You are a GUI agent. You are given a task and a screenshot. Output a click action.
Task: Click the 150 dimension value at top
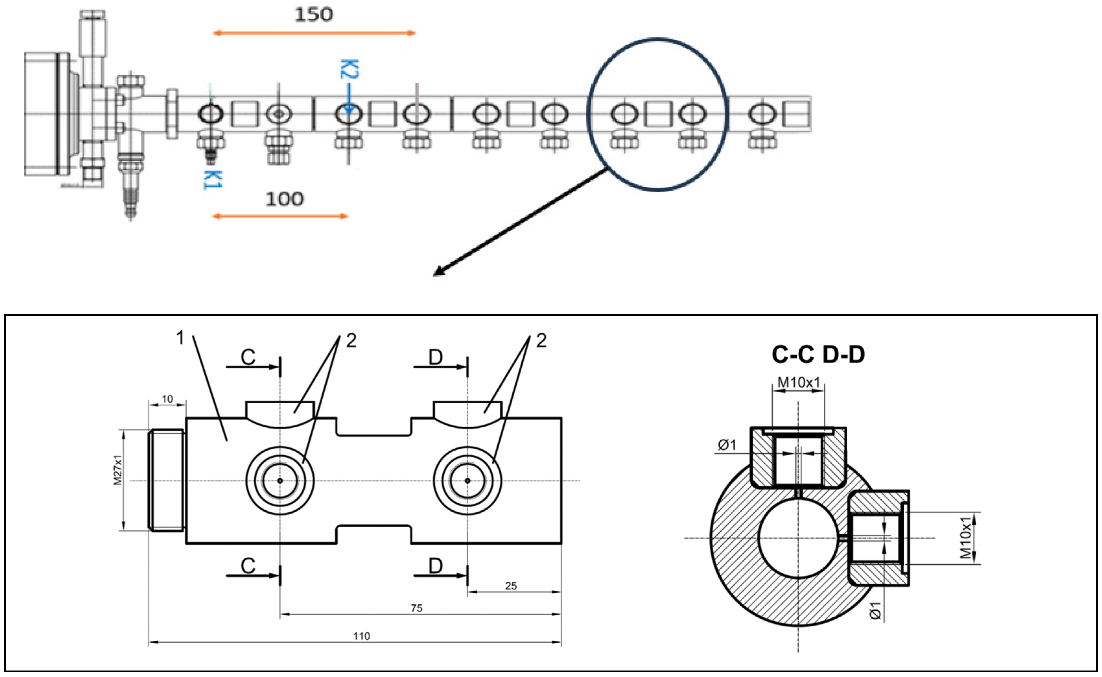[x=314, y=15]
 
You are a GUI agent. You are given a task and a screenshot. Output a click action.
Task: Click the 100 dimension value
[x=284, y=199]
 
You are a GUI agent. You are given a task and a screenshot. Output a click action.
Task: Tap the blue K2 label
[x=349, y=69]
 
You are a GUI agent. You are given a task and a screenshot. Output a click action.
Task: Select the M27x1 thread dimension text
[x=118, y=470]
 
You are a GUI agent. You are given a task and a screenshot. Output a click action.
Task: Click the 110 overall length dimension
[x=362, y=636]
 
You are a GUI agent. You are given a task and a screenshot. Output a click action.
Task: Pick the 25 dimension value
[x=511, y=586]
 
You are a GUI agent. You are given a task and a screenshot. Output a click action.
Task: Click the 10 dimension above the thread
[x=167, y=398]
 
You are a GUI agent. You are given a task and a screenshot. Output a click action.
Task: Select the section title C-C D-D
[x=818, y=355]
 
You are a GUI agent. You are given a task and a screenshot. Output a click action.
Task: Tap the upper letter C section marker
[x=248, y=357]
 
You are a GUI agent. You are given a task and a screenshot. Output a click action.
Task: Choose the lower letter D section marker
[x=435, y=565]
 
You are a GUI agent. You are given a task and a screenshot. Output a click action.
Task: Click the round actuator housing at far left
[x=42, y=114]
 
